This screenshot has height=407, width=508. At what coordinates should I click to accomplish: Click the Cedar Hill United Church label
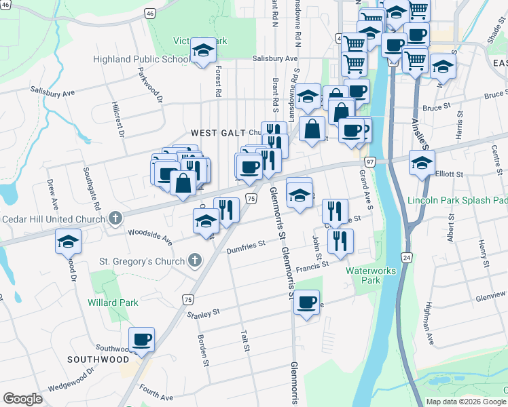click(x=51, y=219)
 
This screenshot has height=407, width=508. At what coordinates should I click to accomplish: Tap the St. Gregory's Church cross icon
click(x=195, y=260)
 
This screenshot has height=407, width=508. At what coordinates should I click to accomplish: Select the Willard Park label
click(x=113, y=303)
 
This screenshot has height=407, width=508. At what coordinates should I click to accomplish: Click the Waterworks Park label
click(x=371, y=275)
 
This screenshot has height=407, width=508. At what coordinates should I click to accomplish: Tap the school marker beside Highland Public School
click(x=202, y=51)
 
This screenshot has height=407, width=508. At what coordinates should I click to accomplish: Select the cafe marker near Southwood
click(x=142, y=339)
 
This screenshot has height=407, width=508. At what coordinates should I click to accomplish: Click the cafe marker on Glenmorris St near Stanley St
click(x=307, y=301)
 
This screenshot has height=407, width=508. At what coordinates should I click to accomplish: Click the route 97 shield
click(x=370, y=163)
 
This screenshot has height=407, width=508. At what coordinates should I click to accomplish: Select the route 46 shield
click(x=150, y=13)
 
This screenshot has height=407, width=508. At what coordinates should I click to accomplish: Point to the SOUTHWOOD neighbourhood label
click(x=98, y=358)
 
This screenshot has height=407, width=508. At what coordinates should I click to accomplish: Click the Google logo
click(x=23, y=399)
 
